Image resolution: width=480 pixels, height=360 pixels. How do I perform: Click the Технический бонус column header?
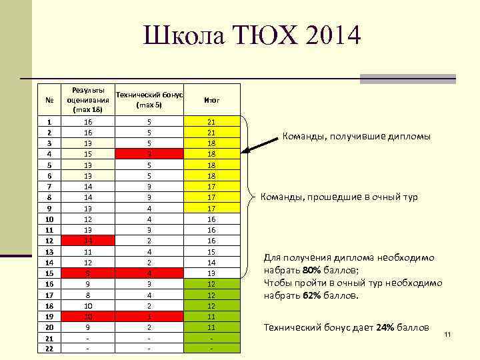pos(149,100)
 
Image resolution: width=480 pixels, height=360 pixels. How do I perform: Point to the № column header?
pos(49,100)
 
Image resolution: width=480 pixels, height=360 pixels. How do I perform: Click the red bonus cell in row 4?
pos(149,154)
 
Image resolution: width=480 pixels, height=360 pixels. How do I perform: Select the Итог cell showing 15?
pos(212,251)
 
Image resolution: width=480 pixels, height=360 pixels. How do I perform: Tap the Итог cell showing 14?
pos(212,262)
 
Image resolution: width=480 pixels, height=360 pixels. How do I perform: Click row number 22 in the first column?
pos(49,348)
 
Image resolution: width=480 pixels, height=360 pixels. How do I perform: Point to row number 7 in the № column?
pos(49,186)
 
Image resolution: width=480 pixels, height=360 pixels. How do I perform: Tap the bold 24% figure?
pos(389,327)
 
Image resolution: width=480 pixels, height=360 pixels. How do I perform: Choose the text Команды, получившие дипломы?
pos(357,137)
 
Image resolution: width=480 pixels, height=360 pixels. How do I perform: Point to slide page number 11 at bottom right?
pos(448,333)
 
